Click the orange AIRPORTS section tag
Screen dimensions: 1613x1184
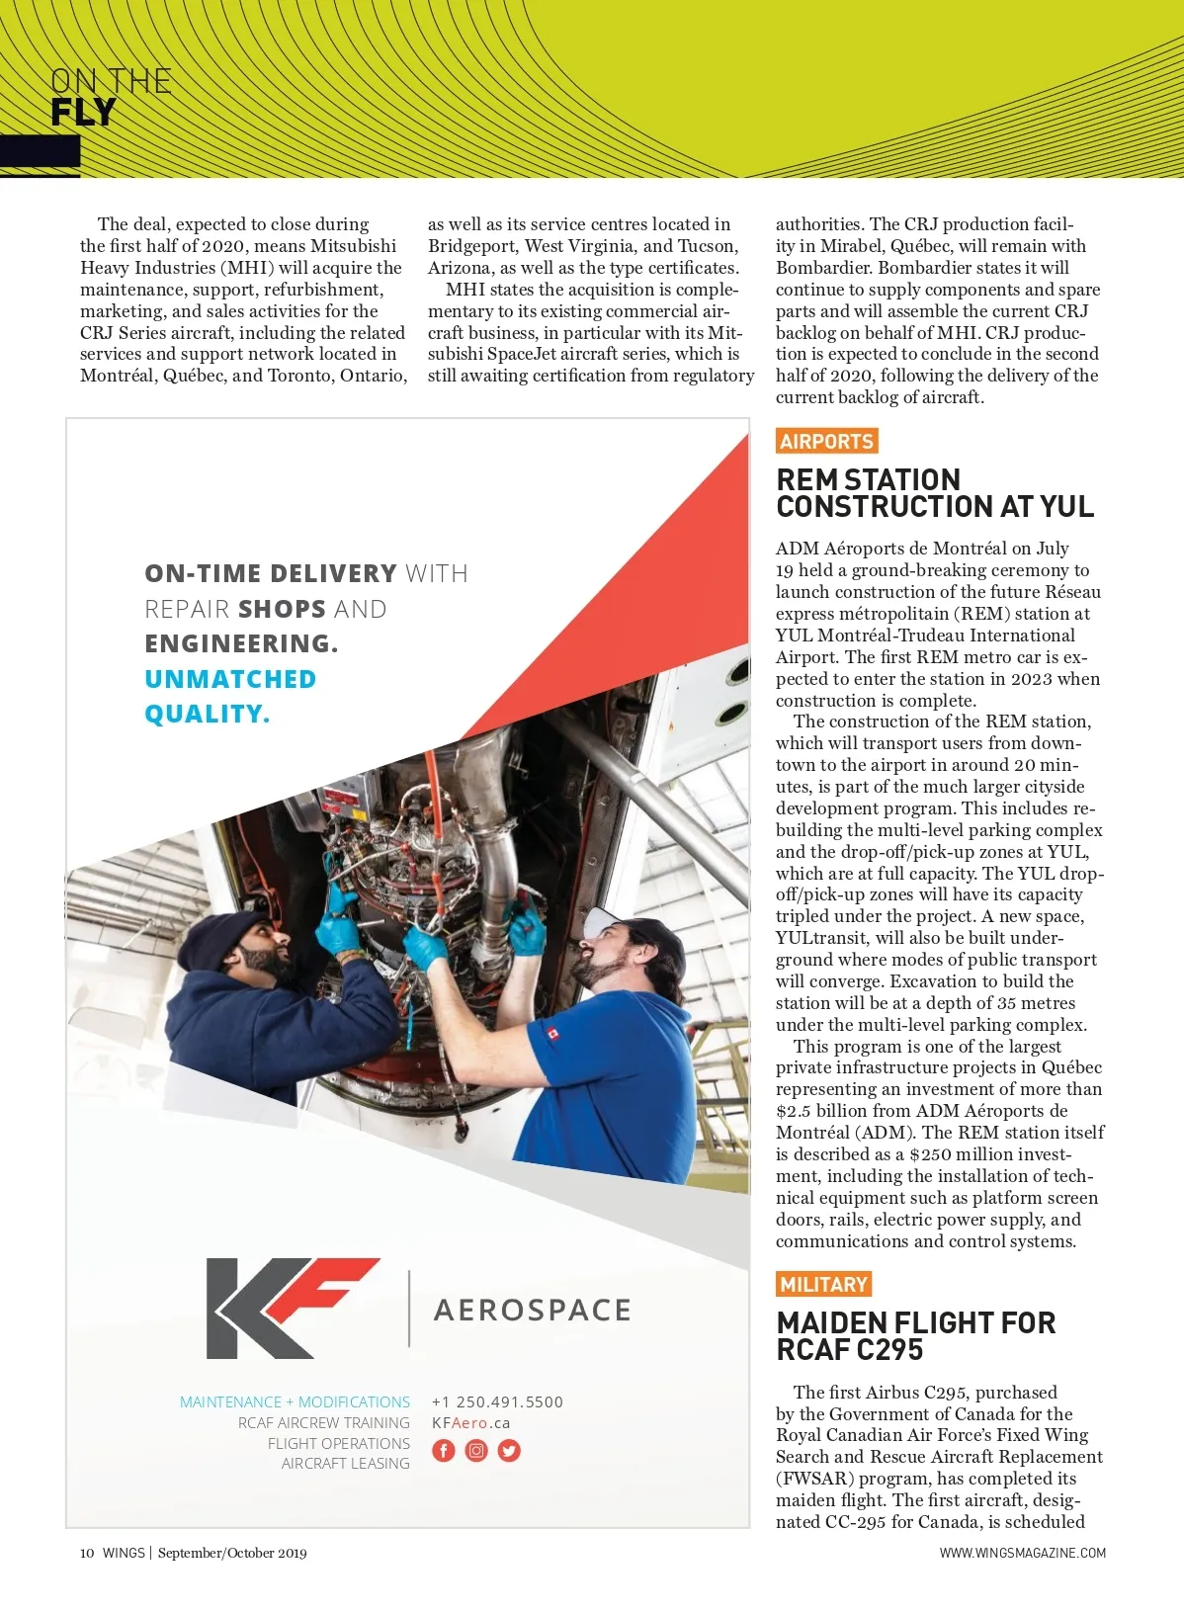(826, 442)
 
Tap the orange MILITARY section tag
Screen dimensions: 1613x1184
(823, 1284)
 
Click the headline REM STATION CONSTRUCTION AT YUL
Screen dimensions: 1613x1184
(934, 493)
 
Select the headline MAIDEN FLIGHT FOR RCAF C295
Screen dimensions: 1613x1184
(915, 1336)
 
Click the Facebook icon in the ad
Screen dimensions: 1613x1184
(444, 1451)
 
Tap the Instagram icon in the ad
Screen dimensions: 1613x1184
(476, 1451)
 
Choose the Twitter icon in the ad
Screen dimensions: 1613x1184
(509, 1451)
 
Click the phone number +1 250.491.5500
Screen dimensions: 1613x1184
(497, 1401)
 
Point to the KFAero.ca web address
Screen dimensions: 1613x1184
(471, 1423)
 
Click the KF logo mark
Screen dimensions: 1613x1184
(291, 1308)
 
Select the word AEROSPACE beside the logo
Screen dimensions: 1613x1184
(532, 1311)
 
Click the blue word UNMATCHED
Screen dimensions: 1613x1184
(230, 679)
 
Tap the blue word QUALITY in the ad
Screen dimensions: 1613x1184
(207, 714)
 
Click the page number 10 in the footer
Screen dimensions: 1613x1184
(87, 1553)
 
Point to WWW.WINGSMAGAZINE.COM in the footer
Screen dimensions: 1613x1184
(1022, 1553)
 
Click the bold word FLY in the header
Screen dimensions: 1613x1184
(83, 113)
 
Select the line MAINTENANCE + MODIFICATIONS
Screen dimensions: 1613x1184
(295, 1401)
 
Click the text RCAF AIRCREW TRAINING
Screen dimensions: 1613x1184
(323, 1423)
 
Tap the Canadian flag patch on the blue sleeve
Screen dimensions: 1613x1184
(552, 1035)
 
